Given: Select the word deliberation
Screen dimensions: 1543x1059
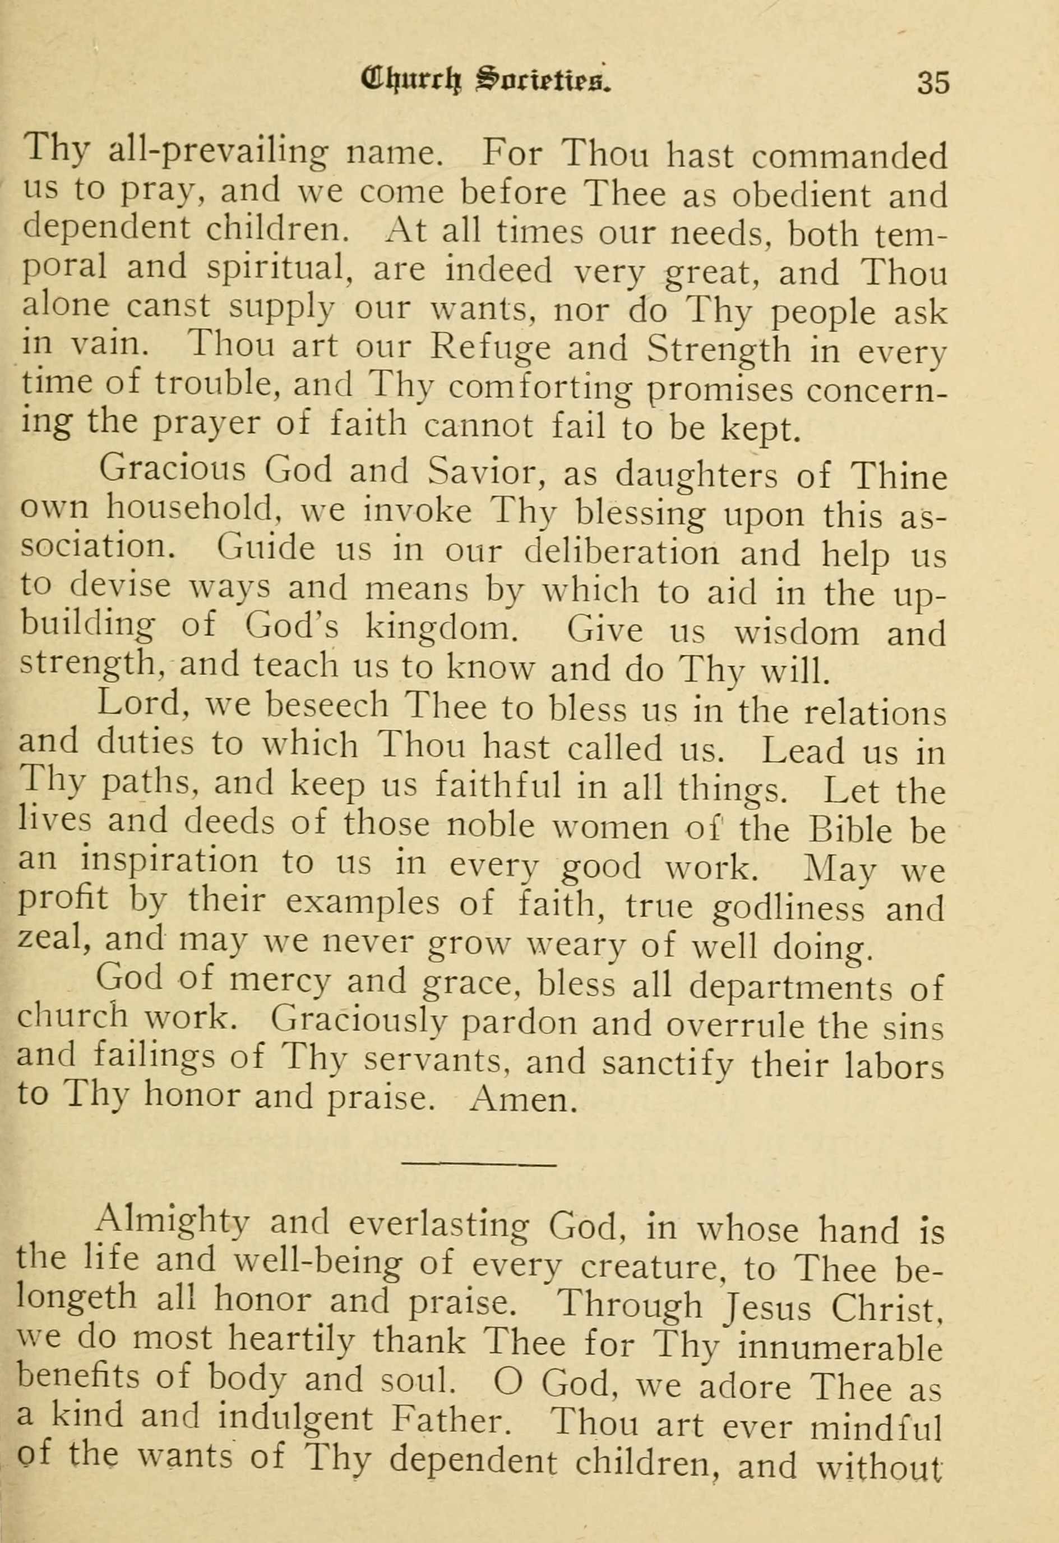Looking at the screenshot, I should pos(621,553).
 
